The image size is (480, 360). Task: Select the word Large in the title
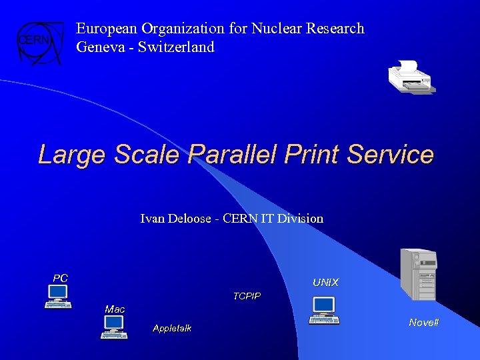point(73,155)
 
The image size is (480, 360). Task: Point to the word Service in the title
point(393,155)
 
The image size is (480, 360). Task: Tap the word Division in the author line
point(301,219)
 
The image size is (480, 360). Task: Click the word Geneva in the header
point(99,47)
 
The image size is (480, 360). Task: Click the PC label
point(61,278)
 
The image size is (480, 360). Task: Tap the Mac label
point(115,309)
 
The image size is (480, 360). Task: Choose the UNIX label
point(325,283)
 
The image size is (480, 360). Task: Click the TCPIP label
point(247,296)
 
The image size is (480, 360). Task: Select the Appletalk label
point(172,328)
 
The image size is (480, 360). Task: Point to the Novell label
point(424,323)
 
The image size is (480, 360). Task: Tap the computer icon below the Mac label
point(114,327)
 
